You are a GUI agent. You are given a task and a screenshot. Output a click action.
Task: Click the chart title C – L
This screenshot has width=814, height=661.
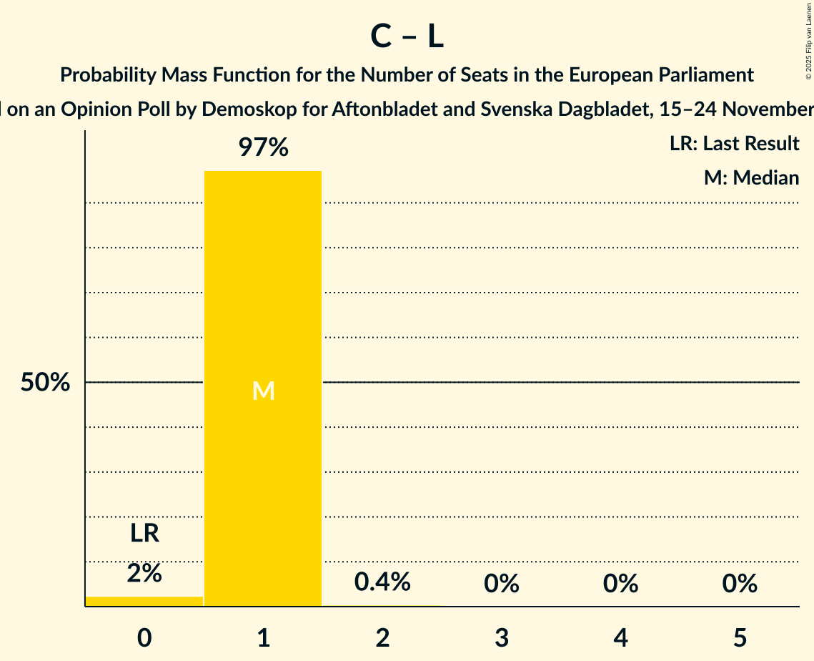click(407, 37)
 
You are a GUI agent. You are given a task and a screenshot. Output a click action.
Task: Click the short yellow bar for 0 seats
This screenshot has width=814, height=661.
click(144, 601)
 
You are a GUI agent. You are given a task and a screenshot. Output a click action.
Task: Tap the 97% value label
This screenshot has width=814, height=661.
click(263, 148)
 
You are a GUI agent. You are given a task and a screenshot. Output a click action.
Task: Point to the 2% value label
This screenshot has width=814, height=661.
click(144, 573)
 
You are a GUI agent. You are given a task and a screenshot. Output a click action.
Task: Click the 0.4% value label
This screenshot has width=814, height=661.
click(382, 582)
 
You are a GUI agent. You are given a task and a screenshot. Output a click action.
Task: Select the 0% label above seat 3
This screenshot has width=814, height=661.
click(501, 584)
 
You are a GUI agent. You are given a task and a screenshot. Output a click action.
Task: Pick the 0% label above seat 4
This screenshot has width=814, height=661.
click(620, 584)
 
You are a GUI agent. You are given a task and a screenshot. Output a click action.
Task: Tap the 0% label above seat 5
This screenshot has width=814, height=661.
click(739, 584)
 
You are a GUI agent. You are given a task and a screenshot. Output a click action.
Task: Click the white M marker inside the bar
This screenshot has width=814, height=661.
click(263, 391)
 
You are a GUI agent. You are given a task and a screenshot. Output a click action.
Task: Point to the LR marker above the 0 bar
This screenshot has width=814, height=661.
click(144, 533)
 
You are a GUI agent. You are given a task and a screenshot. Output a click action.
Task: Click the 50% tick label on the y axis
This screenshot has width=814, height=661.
click(45, 383)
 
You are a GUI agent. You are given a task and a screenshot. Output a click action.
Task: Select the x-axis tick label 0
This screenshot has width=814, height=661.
click(144, 637)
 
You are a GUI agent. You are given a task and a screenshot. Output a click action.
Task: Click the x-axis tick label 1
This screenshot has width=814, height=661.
click(263, 637)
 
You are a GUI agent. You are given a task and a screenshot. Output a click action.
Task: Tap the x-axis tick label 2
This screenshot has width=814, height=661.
click(382, 637)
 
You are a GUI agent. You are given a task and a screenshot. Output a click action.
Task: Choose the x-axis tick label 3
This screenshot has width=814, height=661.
click(501, 637)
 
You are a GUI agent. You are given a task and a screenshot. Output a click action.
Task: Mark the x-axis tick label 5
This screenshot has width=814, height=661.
click(739, 637)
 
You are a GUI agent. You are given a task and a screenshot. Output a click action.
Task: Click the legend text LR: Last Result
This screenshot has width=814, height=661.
click(734, 144)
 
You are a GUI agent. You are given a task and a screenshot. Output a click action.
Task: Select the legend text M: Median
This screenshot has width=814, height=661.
click(751, 177)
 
